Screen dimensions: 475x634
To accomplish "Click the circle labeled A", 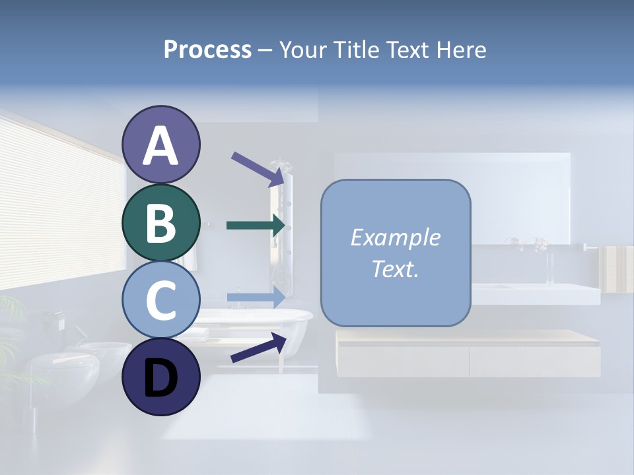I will [160, 145].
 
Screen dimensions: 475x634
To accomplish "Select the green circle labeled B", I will [160, 223].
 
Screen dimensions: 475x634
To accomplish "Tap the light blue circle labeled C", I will [160, 300].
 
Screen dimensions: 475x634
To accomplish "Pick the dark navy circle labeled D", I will [160, 377].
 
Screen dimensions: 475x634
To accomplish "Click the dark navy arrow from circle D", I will [258, 348].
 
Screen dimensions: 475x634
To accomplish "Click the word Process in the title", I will [207, 50].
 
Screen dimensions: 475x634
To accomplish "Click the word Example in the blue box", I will [396, 237].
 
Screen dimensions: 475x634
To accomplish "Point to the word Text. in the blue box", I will [396, 269].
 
